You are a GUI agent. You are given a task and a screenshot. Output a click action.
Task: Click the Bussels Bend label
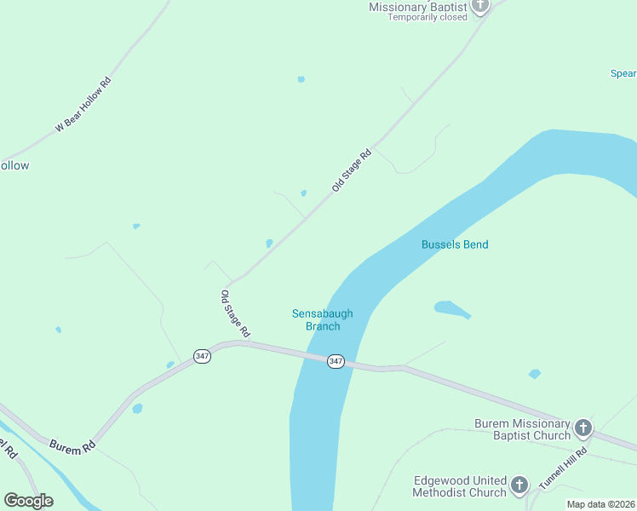(x=455, y=244)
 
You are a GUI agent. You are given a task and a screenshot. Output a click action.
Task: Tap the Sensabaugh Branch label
(x=322, y=319)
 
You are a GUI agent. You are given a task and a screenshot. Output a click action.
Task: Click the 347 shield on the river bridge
(x=336, y=361)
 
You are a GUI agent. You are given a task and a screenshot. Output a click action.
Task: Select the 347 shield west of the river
(x=202, y=356)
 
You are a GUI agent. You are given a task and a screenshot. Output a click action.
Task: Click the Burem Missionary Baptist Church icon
(x=583, y=428)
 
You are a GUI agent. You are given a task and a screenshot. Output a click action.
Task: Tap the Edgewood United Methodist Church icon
(x=519, y=486)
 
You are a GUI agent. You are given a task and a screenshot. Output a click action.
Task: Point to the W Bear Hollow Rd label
(x=83, y=105)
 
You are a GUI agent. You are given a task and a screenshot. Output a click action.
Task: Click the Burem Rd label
(x=72, y=445)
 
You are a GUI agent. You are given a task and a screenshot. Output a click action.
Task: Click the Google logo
(x=28, y=501)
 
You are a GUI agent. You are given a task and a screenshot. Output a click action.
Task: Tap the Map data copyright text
(x=601, y=504)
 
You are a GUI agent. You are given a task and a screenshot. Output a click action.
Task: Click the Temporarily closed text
(x=428, y=17)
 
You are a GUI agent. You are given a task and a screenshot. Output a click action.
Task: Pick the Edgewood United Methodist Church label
(x=459, y=486)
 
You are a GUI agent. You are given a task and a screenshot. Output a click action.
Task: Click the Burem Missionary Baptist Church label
(x=522, y=429)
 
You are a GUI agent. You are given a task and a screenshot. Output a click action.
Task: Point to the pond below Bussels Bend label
(x=450, y=308)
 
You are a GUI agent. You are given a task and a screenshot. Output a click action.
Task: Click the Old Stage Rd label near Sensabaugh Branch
(x=235, y=313)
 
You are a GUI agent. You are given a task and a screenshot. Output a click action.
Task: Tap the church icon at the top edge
(x=480, y=5)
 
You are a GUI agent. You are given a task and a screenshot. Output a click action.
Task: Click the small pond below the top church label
(x=301, y=79)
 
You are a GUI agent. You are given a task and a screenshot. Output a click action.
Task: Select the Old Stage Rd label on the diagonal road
(x=352, y=169)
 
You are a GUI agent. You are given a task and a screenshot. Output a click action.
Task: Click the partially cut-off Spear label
(x=623, y=73)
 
